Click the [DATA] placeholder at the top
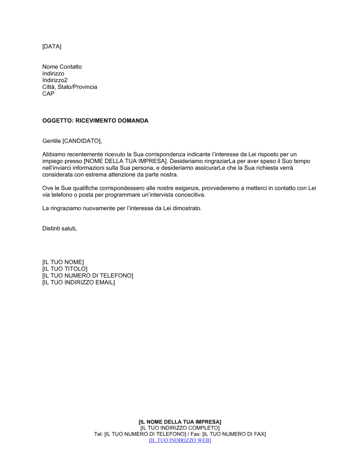click(x=52, y=46)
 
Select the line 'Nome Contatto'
click(x=62, y=67)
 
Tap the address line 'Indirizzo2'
click(x=55, y=80)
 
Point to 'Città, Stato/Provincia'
click(x=69, y=87)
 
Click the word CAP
click(x=48, y=94)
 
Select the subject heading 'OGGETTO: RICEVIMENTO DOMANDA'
click(x=95, y=121)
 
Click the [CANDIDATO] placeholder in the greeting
click(x=81, y=141)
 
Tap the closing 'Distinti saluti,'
click(x=59, y=229)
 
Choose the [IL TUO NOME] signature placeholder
click(x=63, y=262)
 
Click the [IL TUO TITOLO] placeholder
click(x=65, y=269)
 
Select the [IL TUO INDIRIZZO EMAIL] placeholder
click(x=78, y=283)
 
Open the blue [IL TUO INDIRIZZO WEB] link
click(x=180, y=440)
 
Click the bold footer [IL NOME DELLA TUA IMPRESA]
click(x=180, y=422)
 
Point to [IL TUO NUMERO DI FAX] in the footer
click(x=234, y=434)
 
